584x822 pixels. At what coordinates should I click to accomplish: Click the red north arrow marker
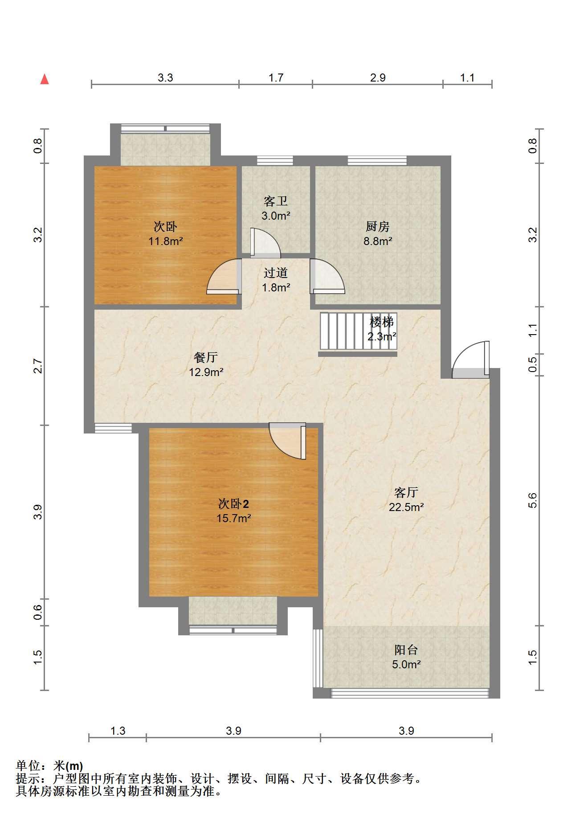click(x=44, y=79)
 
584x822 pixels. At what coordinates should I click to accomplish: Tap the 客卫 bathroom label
click(x=276, y=202)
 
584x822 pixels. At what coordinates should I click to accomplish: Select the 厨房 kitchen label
click(x=378, y=227)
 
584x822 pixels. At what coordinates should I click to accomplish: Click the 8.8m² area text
click(x=378, y=241)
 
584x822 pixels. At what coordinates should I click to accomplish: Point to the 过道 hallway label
click(x=276, y=273)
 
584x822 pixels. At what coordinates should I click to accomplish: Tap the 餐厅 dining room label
click(x=206, y=357)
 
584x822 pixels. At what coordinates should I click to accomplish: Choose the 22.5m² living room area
click(x=406, y=507)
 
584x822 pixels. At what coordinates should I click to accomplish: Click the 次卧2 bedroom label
click(x=233, y=504)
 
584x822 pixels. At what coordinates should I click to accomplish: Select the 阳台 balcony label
click(x=406, y=650)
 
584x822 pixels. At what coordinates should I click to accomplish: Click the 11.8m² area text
click(x=166, y=241)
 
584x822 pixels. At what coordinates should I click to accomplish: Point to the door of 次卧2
click(x=288, y=442)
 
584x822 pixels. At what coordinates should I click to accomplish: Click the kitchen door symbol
click(x=327, y=276)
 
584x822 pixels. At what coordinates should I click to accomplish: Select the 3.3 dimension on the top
click(x=165, y=78)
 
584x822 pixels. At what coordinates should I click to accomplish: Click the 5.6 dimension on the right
click(x=533, y=500)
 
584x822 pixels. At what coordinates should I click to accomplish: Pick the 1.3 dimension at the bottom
click(x=118, y=731)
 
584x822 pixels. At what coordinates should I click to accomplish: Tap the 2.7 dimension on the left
click(x=38, y=366)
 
